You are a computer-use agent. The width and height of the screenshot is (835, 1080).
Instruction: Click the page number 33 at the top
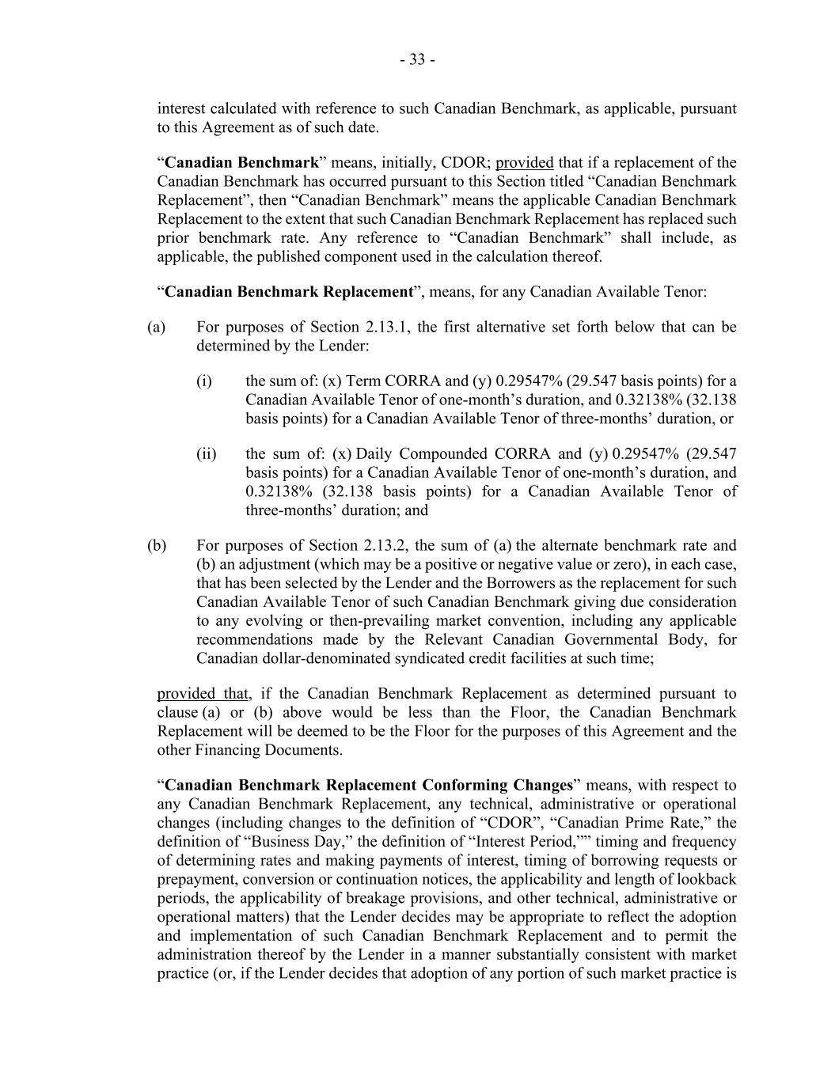(x=417, y=60)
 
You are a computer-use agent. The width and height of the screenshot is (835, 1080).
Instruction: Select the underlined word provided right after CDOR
(x=524, y=163)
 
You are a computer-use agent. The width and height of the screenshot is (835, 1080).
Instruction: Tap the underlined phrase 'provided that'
(x=203, y=694)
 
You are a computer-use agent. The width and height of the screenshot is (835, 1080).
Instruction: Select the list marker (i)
(x=204, y=381)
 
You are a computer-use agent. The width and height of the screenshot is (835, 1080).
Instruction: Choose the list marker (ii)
(x=207, y=454)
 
